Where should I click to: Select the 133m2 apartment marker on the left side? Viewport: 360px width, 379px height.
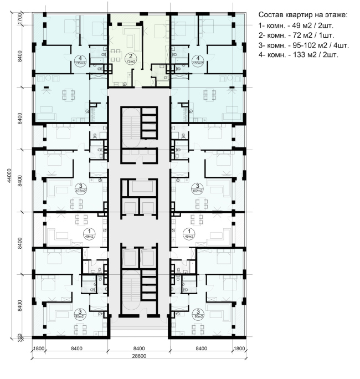tap(80, 60)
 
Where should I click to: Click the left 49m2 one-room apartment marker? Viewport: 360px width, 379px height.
tap(88, 233)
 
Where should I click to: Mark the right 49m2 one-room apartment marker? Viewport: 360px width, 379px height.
tap(190, 233)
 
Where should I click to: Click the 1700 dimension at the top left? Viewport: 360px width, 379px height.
tap(20, 21)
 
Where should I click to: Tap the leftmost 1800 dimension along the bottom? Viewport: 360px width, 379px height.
tap(38, 349)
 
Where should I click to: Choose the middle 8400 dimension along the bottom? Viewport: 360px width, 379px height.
tap(139, 349)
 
